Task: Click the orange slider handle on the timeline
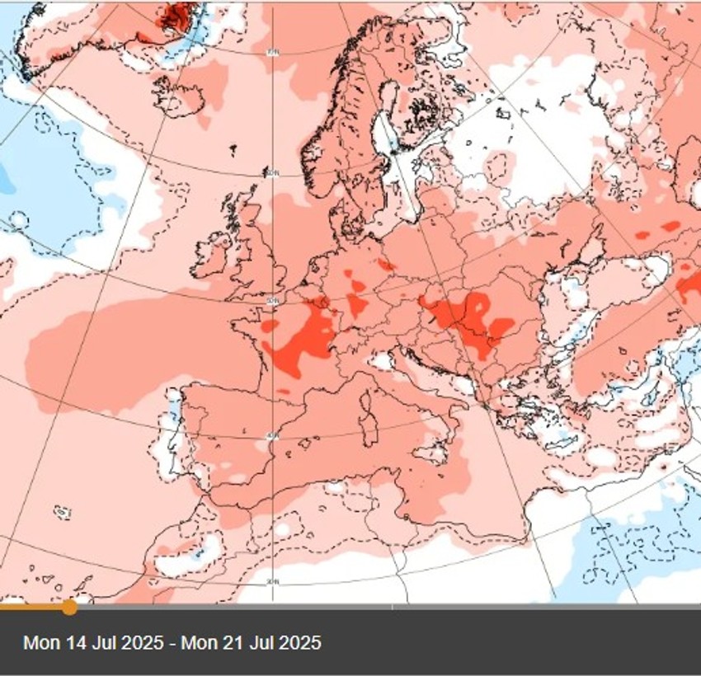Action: tap(69, 608)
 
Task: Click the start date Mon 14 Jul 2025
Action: tap(92, 642)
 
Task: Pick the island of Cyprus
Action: tap(664, 467)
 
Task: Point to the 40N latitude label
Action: tap(272, 437)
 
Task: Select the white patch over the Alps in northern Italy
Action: tap(380, 362)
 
